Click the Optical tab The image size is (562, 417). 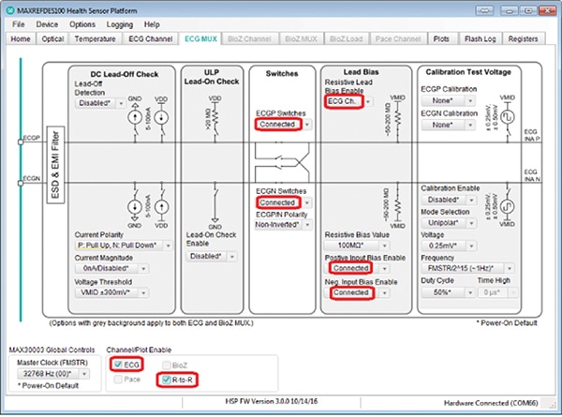click(x=53, y=39)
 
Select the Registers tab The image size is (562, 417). click(x=523, y=39)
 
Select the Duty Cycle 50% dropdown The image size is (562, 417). click(x=443, y=292)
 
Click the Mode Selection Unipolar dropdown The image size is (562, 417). click(x=447, y=223)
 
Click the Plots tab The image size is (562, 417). click(x=436, y=39)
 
